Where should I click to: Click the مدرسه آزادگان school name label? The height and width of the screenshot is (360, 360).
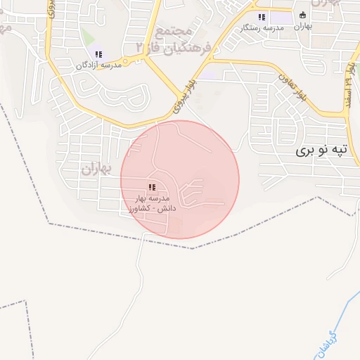[x=98, y=65]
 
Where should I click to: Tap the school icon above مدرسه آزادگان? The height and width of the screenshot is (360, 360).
[x=98, y=54]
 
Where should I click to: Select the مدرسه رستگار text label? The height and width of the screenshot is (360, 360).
[x=261, y=27]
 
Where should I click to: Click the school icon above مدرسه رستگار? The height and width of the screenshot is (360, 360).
[x=262, y=17]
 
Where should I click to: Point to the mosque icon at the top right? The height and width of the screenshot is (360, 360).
[x=304, y=15]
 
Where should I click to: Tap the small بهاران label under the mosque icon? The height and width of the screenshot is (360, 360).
[x=302, y=26]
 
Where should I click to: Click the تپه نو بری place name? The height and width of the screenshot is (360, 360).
[x=321, y=150]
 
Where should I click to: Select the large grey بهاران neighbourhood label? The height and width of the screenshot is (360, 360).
[x=96, y=169]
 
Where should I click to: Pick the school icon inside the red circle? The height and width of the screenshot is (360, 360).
[x=151, y=188]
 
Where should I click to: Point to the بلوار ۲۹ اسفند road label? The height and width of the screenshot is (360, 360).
[x=349, y=83]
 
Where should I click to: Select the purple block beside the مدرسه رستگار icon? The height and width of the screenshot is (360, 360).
[x=281, y=17]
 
